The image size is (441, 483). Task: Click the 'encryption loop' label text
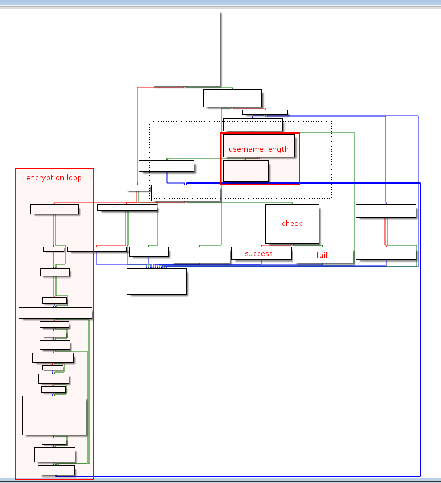coord(54,178)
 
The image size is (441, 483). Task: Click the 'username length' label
coord(258,149)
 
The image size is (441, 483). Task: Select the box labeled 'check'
coord(292,224)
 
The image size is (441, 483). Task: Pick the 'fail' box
coord(322,255)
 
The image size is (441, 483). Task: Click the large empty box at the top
coord(185,47)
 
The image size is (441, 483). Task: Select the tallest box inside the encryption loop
coord(54,415)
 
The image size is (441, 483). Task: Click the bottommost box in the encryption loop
coord(56,470)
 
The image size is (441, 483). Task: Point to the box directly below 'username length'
coord(245,171)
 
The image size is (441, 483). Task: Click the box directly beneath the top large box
coord(232,98)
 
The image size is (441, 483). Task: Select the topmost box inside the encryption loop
coord(54,209)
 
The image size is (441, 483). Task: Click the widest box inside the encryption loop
coord(55,313)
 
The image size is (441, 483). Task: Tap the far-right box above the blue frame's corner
coord(386,211)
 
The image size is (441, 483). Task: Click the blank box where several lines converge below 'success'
coord(157,281)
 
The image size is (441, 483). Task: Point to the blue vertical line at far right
coord(420,330)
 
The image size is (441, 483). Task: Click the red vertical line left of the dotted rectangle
coord(137,137)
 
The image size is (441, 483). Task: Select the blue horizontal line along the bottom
coord(247,476)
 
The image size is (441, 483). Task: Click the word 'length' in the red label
coord(277,149)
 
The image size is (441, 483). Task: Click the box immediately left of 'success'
coord(199,255)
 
